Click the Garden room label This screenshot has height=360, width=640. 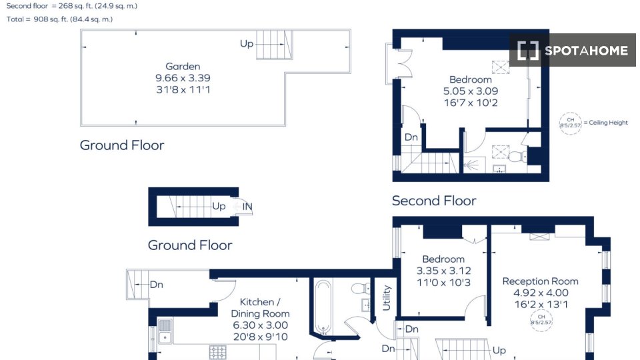[183, 66]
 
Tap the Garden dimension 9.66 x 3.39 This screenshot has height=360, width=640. [183, 78]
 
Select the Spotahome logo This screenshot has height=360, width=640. [573, 51]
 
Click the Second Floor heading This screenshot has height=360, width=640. [434, 201]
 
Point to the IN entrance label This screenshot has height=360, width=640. [247, 207]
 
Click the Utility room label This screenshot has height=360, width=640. [386, 298]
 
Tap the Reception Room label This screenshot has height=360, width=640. [541, 281]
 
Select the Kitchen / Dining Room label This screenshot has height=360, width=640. [260, 308]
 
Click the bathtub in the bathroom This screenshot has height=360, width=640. [323, 307]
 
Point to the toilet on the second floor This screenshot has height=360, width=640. [518, 156]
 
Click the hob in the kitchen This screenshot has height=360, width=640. [217, 352]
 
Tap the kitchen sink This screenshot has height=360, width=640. [165, 331]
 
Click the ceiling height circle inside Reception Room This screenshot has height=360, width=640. [541, 320]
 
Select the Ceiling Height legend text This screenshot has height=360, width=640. [606, 123]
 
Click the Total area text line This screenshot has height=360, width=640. [59, 19]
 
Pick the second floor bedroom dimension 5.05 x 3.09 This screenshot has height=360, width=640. [471, 91]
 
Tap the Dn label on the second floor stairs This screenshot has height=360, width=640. [411, 137]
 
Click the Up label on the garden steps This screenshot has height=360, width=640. [247, 43]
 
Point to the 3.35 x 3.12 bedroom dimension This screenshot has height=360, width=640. [444, 271]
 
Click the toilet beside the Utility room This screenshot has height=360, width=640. [361, 289]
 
